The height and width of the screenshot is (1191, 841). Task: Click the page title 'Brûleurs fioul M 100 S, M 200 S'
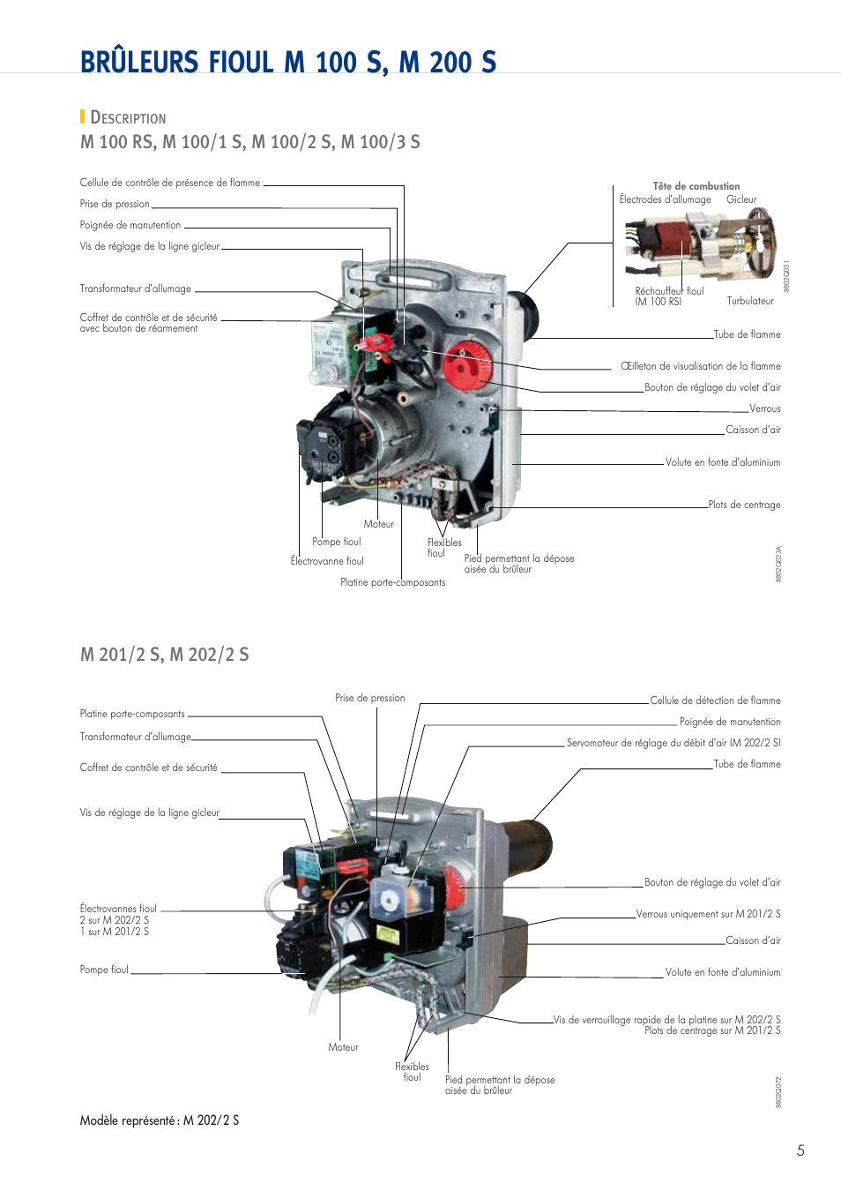[288, 63]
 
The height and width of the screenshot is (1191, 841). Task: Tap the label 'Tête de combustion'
[696, 186]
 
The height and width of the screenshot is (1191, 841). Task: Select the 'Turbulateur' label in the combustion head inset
[750, 301]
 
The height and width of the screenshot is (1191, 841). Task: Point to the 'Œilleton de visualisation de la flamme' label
[701, 366]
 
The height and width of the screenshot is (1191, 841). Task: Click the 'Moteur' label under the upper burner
[379, 524]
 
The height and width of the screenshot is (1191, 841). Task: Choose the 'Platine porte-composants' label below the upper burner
[392, 582]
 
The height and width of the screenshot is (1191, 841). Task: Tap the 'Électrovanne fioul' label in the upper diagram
[327, 561]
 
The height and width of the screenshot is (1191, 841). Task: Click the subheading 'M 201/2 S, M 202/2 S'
[165, 655]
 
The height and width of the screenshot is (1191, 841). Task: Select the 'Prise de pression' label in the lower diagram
[370, 698]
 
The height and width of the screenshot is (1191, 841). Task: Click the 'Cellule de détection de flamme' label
[715, 700]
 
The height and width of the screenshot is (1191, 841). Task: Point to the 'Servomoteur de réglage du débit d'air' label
[674, 743]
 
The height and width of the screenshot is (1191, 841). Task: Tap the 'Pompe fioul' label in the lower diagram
[104, 970]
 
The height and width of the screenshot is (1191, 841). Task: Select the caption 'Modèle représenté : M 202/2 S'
[160, 1120]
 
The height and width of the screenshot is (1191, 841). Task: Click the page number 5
[800, 1150]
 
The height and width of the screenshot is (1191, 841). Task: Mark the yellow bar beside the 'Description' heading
[82, 116]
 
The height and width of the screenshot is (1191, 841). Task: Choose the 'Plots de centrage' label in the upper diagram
[744, 505]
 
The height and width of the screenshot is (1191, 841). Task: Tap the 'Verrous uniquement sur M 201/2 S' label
[708, 914]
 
